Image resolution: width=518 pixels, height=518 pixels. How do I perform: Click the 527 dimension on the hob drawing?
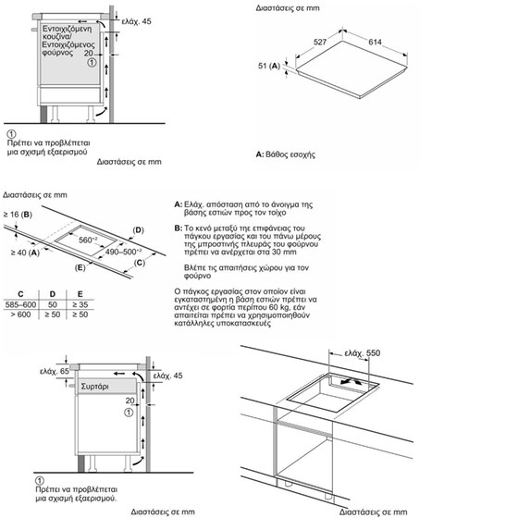320,42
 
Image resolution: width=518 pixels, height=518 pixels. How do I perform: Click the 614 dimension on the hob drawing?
375,42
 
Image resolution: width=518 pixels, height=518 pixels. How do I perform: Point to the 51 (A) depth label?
269,66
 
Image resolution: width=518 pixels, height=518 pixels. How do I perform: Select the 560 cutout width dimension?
88,240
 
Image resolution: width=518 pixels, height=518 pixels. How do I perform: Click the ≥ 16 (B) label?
18,215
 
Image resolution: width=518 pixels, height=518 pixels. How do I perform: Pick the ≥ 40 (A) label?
25,253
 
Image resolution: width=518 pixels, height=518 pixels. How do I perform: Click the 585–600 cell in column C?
20,304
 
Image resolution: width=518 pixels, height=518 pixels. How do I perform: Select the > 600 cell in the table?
20,314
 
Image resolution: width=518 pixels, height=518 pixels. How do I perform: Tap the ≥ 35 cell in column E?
80,304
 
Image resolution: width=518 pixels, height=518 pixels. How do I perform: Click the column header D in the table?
53,294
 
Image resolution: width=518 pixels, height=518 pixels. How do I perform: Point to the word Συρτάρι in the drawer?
94,387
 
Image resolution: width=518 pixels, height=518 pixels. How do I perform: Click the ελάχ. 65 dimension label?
55,371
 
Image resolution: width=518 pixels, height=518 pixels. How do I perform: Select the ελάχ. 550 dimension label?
363,353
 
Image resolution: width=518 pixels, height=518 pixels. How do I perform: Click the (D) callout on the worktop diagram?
138,230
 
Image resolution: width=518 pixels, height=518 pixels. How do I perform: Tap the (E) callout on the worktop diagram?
80,267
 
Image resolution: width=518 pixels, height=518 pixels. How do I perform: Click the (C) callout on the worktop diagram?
140,263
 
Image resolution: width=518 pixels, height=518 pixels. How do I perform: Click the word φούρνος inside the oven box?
57,53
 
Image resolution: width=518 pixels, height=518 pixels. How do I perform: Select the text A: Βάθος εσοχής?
286,154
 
